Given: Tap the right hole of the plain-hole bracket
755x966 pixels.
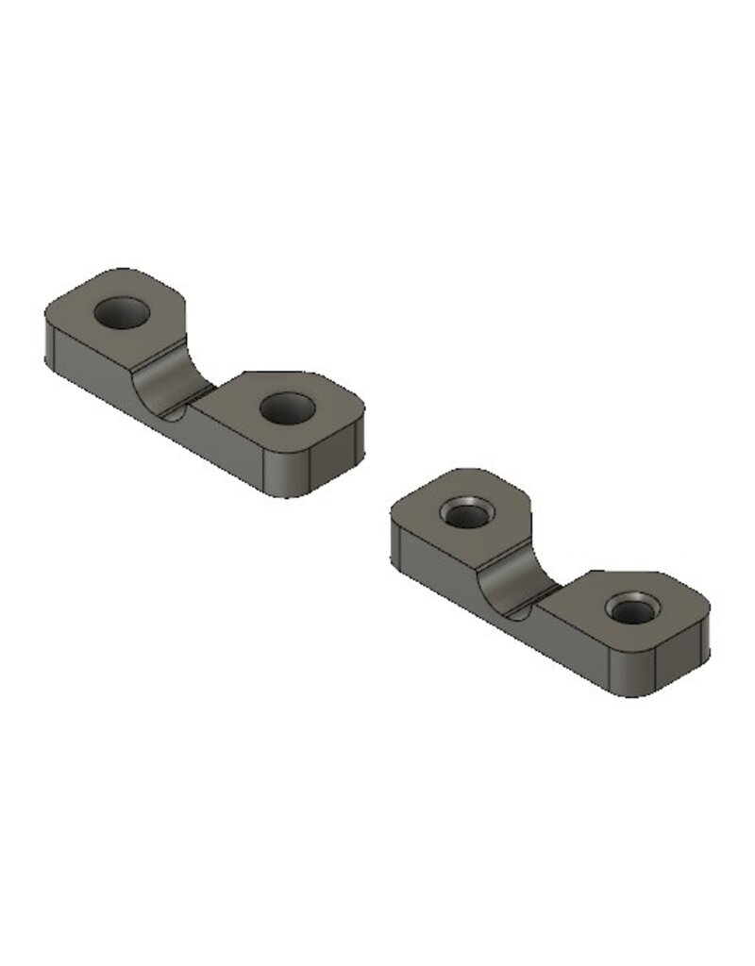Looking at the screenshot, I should pyautogui.click(x=287, y=408).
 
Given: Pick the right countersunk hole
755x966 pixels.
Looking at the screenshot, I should pyautogui.click(x=630, y=608).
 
